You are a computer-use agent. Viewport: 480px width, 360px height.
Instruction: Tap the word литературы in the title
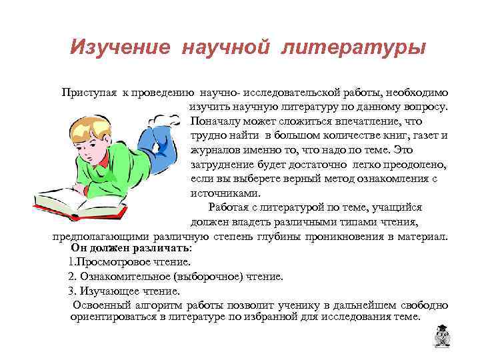point(353,48)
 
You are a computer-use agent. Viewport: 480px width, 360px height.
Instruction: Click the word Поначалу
point(215,121)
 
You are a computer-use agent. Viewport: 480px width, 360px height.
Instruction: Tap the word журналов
point(214,150)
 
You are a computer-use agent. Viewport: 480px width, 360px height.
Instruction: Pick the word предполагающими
point(101,236)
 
